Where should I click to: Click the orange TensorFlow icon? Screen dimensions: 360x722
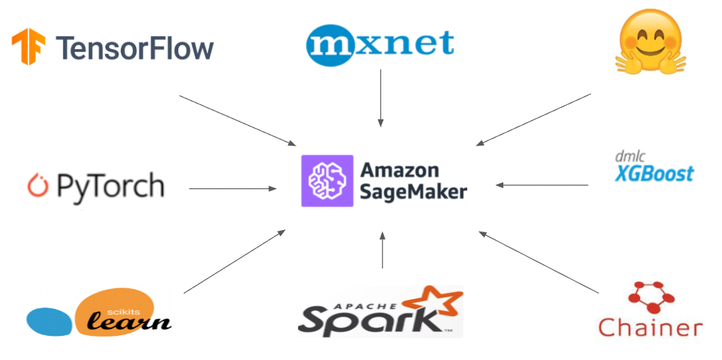tap(28, 47)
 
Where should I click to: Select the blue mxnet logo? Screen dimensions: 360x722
tap(380, 43)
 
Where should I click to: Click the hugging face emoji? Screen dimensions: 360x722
tap(650, 44)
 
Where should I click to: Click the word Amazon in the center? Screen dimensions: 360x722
tap(400, 170)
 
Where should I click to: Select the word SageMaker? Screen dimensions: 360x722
tap(413, 192)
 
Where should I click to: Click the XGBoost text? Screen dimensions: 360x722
tap(654, 173)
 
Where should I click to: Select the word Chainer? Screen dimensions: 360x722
tap(650, 327)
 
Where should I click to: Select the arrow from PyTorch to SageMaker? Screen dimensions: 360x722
tap(233, 188)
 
